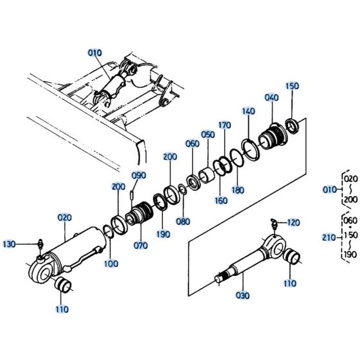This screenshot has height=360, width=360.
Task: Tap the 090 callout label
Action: pyautogui.click(x=139, y=175)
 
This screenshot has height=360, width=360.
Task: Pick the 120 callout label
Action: pyautogui.click(x=292, y=222)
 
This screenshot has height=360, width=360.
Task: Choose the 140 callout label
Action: pyautogui.click(x=249, y=111)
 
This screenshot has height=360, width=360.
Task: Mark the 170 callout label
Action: pyautogui.click(x=224, y=125)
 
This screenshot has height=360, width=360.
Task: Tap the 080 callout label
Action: pyautogui.click(x=183, y=222)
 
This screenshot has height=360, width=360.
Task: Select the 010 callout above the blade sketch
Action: pyautogui.click(x=95, y=53)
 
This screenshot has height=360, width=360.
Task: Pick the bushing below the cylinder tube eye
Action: pyautogui.click(x=63, y=285)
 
